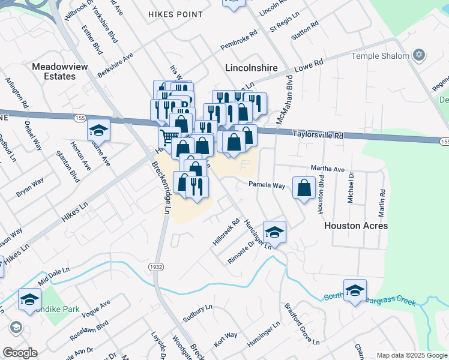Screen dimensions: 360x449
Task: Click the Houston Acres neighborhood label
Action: pyautogui.click(x=356, y=226)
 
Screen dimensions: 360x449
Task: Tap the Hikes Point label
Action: pyautogui.click(x=175, y=14)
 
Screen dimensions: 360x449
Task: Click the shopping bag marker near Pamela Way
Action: pyautogui.click(x=304, y=187)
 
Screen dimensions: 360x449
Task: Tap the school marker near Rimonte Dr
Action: pyautogui.click(x=274, y=232)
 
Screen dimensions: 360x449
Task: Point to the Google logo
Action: pyautogui.click(x=20, y=353)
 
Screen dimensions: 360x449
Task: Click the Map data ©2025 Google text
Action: pyautogui.click(x=412, y=355)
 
